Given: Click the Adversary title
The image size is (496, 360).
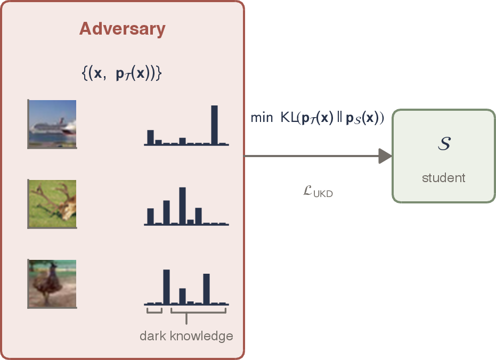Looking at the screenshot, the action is [123, 29].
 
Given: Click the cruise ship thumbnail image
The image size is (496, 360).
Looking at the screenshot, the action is [52, 124].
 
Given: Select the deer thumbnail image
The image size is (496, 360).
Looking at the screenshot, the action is [52, 204].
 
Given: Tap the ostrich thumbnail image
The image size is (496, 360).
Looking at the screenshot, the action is [52, 284].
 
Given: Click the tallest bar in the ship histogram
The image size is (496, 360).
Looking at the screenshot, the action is [214, 125].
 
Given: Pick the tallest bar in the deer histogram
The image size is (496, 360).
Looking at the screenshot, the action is [182, 206].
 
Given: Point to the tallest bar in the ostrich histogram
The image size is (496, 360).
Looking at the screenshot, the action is [166, 287].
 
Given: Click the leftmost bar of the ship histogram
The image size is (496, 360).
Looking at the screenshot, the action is [151, 137].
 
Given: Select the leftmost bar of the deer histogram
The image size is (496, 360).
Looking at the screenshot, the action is [151, 217].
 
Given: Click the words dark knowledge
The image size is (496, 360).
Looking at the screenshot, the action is [186, 336].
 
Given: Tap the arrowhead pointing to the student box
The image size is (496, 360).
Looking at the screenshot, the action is [385, 156].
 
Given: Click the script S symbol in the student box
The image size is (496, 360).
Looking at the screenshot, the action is [444, 143].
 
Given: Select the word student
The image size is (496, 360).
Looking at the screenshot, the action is [443, 178].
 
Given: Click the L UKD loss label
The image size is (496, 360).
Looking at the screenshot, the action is [318, 192].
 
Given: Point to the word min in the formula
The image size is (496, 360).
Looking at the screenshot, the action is [262, 118].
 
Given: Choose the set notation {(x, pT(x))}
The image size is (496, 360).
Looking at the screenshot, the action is [122, 73].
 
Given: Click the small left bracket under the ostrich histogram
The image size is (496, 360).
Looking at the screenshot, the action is [155, 310].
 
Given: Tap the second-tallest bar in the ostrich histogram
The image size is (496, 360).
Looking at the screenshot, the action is [206, 289].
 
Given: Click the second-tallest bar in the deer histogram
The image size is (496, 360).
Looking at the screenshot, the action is [166, 212].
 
